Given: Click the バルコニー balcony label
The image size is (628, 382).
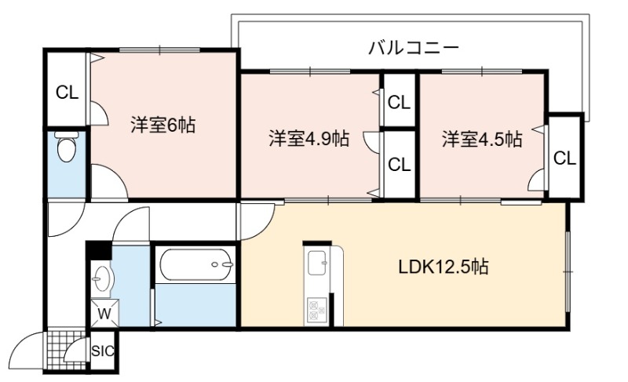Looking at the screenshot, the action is (413, 49).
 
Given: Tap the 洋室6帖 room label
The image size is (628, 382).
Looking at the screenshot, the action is (162, 126).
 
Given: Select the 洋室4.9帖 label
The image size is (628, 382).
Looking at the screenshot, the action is (309, 139).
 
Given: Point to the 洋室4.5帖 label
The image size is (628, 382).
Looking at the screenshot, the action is (482, 139).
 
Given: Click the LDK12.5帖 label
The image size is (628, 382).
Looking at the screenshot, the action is (444, 267).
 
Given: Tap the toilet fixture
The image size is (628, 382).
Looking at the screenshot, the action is (67, 147).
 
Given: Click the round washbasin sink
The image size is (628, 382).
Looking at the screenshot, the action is (104, 278).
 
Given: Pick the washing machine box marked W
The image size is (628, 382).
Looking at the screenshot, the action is (104, 313).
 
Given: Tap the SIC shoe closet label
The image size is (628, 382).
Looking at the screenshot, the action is (103, 351).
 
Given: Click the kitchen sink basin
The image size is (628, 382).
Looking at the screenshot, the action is (317, 263).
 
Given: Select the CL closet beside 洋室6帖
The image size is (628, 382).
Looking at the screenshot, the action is (67, 93).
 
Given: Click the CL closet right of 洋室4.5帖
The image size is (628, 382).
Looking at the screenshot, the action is (564, 158).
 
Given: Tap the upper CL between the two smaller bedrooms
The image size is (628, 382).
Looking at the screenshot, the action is (399, 104).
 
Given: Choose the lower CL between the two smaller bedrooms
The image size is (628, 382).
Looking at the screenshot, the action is (400, 165).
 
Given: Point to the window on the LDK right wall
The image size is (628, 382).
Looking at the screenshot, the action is (568, 271).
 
